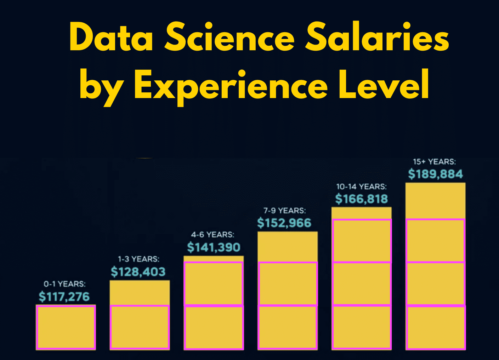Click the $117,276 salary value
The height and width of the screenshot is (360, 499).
(64, 297)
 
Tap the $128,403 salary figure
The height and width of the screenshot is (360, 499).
(138, 272)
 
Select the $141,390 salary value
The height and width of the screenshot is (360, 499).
(214, 247)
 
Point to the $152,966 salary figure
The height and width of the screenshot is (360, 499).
(284, 223)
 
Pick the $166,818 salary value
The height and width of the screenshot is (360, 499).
(362, 199)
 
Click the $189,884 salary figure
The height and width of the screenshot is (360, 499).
(435, 174)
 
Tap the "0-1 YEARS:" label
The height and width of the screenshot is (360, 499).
(64, 284)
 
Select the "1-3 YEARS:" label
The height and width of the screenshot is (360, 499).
(138, 259)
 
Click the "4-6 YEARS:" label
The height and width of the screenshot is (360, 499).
(212, 235)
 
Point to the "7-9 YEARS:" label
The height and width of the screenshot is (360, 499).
(284, 211)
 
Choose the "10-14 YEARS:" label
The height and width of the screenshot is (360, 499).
(361, 187)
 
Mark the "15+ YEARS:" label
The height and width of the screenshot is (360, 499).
(434, 162)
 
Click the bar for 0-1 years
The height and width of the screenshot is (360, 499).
(66, 327)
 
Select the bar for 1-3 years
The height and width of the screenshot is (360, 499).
(140, 315)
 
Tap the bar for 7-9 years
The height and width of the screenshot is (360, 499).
(288, 290)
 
